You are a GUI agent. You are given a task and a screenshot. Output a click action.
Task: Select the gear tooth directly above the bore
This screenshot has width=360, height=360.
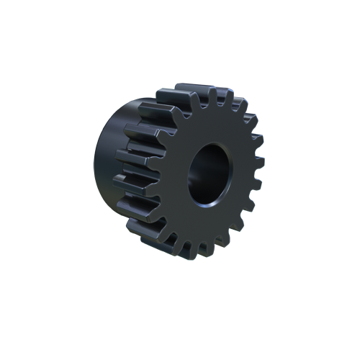(212, 97)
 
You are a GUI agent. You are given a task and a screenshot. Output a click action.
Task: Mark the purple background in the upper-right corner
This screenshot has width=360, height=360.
(256, 90)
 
